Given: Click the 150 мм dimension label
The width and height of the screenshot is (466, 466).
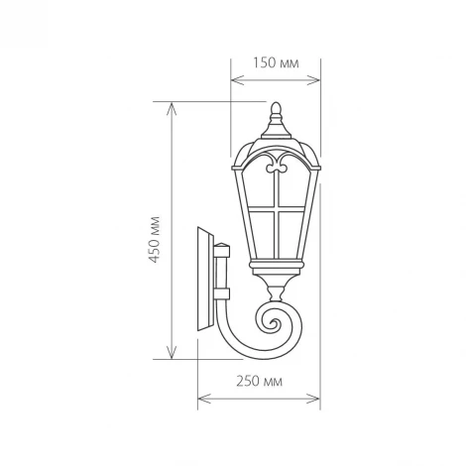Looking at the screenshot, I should (x=277, y=62).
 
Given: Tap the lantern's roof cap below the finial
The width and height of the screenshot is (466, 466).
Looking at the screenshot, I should (x=277, y=135).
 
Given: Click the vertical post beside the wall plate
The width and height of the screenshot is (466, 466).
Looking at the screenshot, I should (x=222, y=273).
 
